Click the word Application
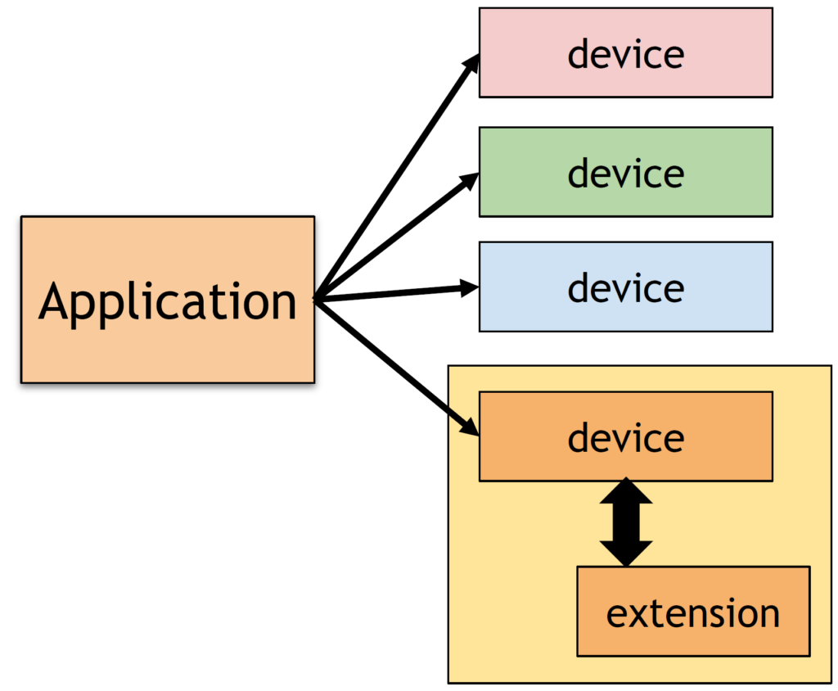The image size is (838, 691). (167, 303)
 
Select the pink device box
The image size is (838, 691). (626, 52)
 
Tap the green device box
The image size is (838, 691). (626, 172)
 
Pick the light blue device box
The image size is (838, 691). (626, 287)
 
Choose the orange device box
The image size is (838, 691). (626, 436)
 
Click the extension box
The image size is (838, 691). (693, 612)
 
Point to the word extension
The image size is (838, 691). (693, 613)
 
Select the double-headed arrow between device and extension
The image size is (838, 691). (626, 522)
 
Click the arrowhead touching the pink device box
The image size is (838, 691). (472, 63)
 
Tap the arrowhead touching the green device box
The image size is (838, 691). (471, 179)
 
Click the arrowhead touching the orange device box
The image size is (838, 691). (471, 427)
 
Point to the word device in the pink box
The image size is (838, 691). (626, 55)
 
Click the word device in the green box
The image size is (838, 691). (626, 174)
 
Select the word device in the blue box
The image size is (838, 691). (626, 289)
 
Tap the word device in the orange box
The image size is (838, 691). (626, 439)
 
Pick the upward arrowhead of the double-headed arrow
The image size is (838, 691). (626, 492)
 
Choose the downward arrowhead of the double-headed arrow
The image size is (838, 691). (626, 553)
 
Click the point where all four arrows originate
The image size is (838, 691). (317, 300)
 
